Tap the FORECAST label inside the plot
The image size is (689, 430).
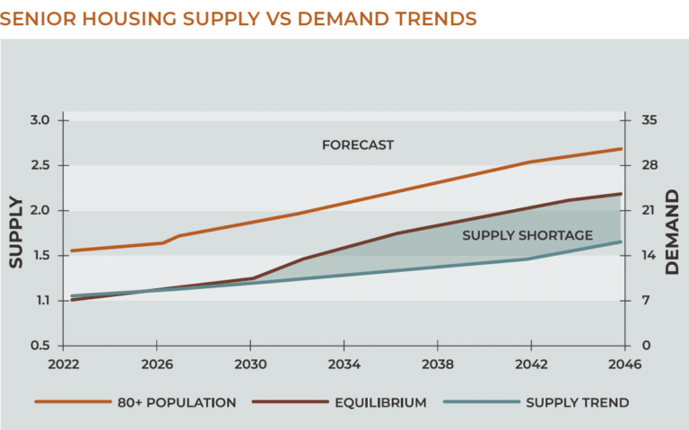coord(357,145)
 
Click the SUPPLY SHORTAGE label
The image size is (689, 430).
coord(527,236)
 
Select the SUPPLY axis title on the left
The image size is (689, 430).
coord(16,232)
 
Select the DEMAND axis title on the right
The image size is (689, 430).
coord(674,232)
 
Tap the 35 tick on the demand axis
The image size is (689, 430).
coord(649,120)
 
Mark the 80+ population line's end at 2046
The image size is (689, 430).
coord(621,149)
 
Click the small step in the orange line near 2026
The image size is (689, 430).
coord(170,239)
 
